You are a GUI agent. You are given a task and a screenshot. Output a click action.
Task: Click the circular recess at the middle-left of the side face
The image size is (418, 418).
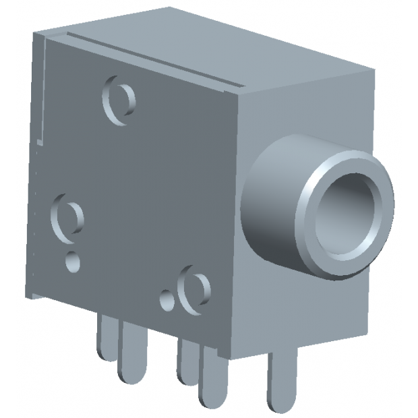[x=67, y=216]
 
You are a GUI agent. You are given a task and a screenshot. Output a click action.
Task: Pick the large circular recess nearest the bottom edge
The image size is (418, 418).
[x=195, y=291]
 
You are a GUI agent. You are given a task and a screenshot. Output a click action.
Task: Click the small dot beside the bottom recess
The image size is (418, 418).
[x=166, y=299]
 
